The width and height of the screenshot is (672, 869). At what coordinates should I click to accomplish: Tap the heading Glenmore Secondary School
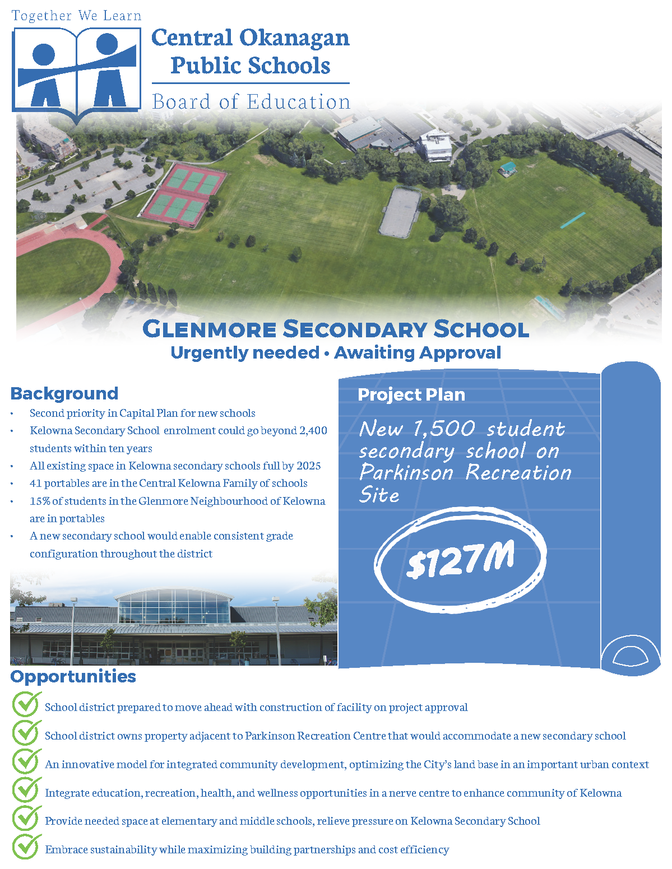[336, 329]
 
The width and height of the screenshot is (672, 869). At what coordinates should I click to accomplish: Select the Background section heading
[64, 393]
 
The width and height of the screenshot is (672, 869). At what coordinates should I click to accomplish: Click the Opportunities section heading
[73, 676]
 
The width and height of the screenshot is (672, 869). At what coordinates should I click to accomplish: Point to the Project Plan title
[411, 394]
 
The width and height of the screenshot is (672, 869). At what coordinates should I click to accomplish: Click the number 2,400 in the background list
[313, 430]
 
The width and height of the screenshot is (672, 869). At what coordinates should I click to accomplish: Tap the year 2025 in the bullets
[309, 466]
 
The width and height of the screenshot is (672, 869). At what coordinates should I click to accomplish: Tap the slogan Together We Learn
[76, 16]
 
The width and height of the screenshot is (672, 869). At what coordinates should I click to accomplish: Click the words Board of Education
[251, 102]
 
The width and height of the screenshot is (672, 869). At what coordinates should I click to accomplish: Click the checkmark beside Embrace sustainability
[26, 848]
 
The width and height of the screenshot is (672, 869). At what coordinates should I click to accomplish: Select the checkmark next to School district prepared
[26, 705]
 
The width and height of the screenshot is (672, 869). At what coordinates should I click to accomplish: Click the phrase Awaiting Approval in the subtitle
[418, 352]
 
